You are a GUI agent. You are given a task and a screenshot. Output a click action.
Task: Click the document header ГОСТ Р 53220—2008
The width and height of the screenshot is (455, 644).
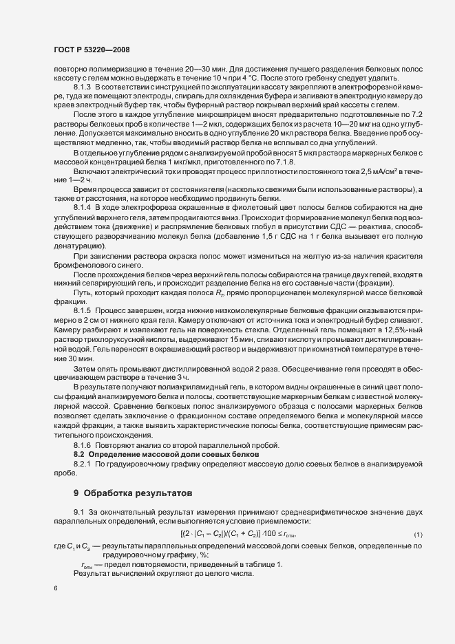tap(92, 50)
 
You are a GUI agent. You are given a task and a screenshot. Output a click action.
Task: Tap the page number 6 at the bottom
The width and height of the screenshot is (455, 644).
tap(55, 590)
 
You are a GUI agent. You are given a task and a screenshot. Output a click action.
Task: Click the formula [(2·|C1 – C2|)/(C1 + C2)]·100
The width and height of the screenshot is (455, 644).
tap(226, 534)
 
